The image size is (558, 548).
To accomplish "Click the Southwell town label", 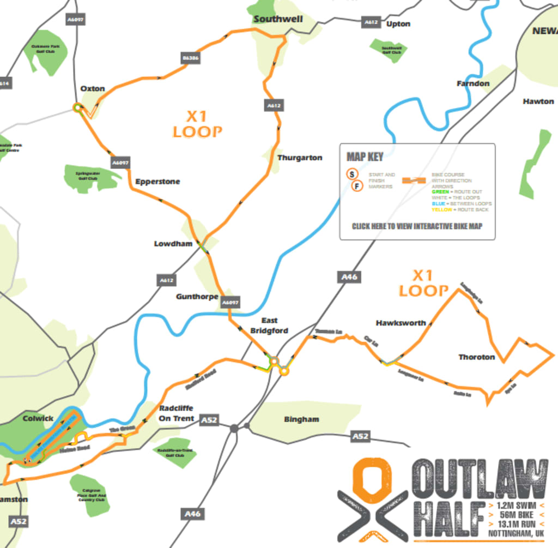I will [x=278, y=19].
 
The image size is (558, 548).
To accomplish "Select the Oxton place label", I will [x=92, y=88].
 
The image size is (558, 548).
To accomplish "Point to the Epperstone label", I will [x=157, y=181].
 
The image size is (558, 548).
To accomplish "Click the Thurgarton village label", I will [x=300, y=158].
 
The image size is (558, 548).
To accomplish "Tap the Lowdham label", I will [x=173, y=244].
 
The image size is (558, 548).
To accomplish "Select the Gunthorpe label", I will [x=197, y=297].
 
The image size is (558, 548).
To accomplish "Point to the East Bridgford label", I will [x=269, y=326].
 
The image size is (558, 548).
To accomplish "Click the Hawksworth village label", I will [x=401, y=323].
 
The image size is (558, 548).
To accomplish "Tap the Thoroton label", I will [x=476, y=357].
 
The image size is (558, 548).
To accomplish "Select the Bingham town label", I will [x=301, y=419].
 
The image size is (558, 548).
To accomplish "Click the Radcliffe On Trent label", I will [x=177, y=413].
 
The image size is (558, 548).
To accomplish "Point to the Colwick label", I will [x=38, y=418].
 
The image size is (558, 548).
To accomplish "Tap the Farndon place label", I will [x=472, y=83].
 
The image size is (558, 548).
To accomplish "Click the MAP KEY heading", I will [x=365, y=157].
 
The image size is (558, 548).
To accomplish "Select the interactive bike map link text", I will [x=417, y=226].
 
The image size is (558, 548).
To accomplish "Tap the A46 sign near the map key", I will [x=349, y=277].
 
